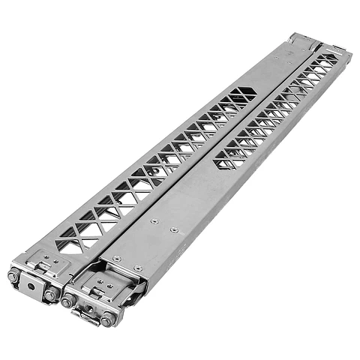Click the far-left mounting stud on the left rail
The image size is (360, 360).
pyautogui.click(x=13, y=276)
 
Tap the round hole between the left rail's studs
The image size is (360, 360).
pyautogui.click(x=31, y=285)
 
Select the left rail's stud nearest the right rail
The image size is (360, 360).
pyautogui.click(x=51, y=295)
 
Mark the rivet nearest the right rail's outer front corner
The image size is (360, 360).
pyautogui.click(x=138, y=268)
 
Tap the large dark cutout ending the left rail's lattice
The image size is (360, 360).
pyautogui.click(x=243, y=95)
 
